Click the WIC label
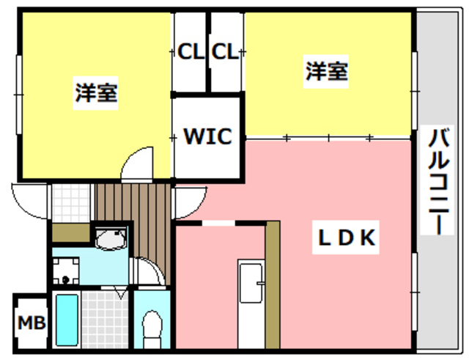[x=208, y=136]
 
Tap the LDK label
[x=346, y=238]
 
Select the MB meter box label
[x=32, y=323]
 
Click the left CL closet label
[x=191, y=51]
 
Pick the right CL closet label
[x=225, y=51]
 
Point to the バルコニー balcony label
[x=438, y=180]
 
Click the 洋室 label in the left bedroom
[x=96, y=93]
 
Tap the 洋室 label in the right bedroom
[x=326, y=71]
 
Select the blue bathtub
[x=67, y=320]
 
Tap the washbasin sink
[x=111, y=238]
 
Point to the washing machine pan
[x=66, y=271]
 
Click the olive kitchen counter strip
[x=273, y=285]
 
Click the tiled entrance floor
[x=71, y=203]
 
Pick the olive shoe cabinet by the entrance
[x=71, y=232]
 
